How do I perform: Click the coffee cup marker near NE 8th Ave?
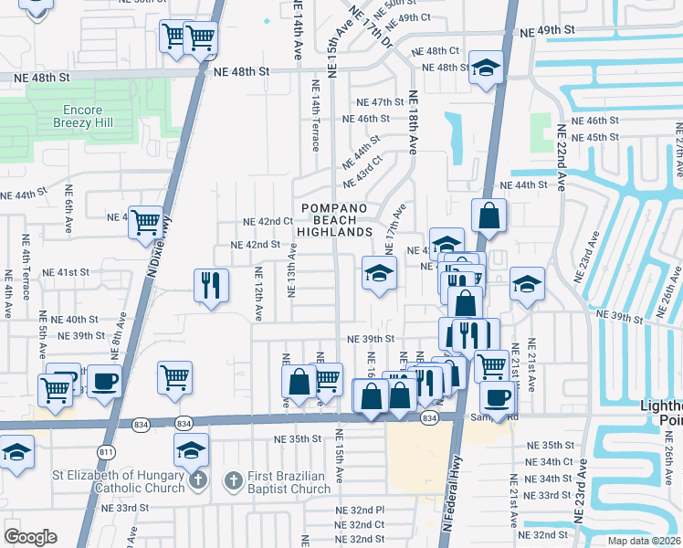coord(104,380)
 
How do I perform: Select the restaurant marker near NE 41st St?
coord(211,285)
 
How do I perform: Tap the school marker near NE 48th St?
coord(487,68)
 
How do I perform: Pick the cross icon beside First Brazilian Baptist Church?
coord(232,479)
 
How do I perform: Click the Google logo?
coord(30,537)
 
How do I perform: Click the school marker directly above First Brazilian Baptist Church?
coord(192,449)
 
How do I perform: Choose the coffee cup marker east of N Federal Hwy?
coord(498,397)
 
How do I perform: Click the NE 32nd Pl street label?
coord(360,510)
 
